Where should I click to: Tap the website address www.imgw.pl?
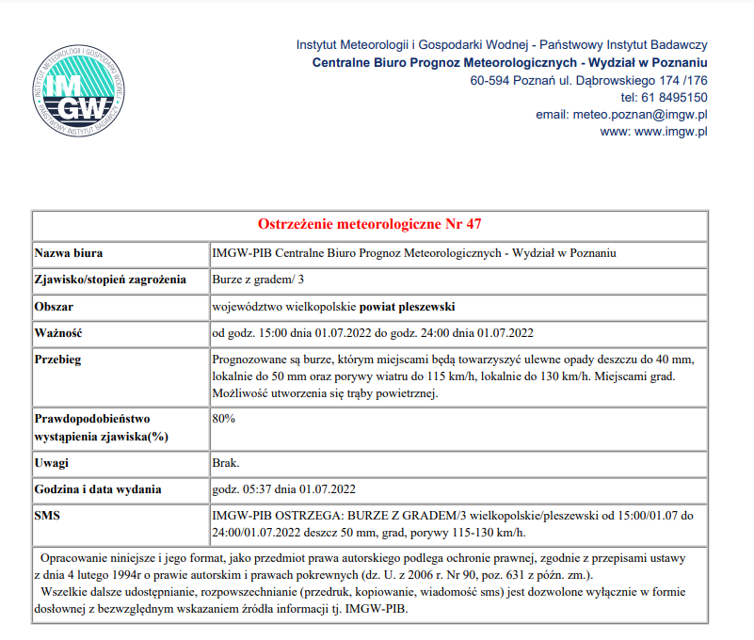click(671, 132)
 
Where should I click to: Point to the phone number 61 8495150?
click(675, 97)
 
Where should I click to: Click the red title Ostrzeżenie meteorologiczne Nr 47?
click(370, 224)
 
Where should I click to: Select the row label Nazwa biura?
click(69, 253)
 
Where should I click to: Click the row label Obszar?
click(55, 307)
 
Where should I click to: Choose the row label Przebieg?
click(58, 360)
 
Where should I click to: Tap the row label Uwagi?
click(52, 463)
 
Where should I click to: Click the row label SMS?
click(49, 516)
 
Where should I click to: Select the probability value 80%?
click(224, 418)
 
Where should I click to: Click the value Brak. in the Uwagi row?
click(227, 463)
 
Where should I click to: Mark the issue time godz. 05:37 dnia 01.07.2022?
click(283, 489)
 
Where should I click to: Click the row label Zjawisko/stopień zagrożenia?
click(110, 280)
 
